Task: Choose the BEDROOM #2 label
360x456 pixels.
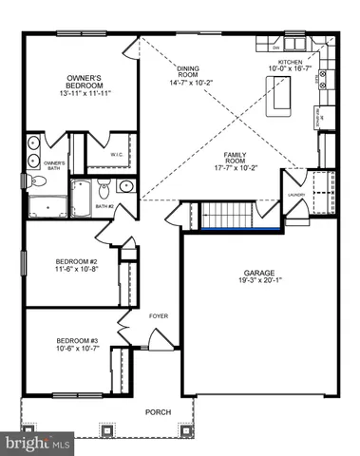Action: [x=70, y=259]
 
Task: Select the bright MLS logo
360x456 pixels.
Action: [x=38, y=442]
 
